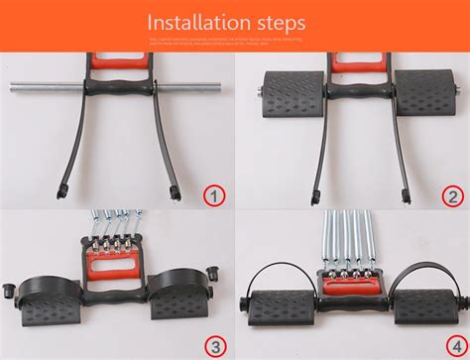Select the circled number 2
450,194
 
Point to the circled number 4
450,344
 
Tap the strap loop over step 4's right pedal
421,273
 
